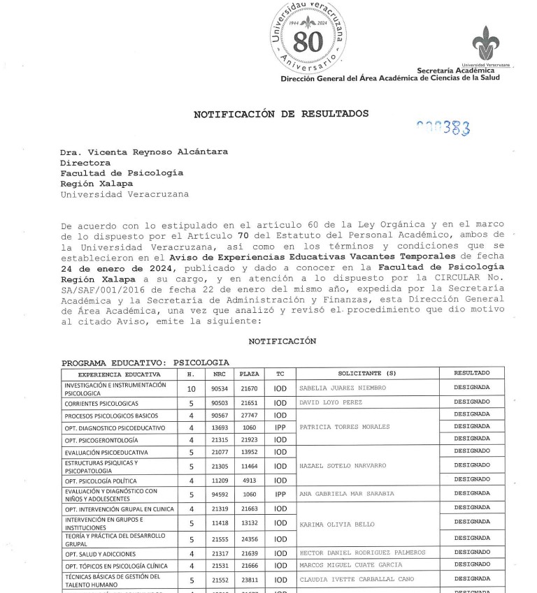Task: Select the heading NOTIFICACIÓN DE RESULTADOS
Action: click(x=280, y=113)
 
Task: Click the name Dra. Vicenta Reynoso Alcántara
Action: click(x=143, y=152)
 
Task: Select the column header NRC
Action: click(x=220, y=374)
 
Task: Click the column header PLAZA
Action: click(x=249, y=374)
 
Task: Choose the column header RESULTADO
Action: click(x=471, y=373)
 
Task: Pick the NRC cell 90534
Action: click(x=220, y=388)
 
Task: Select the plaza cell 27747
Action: click(x=249, y=415)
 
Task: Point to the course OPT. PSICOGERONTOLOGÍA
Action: click(x=101, y=440)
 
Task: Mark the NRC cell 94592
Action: click(x=220, y=495)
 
